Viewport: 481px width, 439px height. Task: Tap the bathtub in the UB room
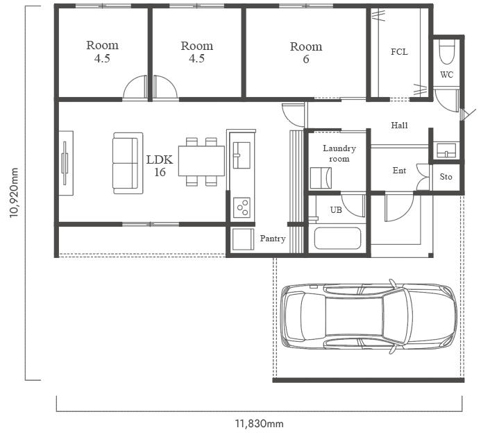point(337,238)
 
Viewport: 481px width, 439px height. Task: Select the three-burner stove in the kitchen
point(242,207)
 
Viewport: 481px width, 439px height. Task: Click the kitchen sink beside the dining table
point(242,155)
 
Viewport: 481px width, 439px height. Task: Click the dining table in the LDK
point(201,161)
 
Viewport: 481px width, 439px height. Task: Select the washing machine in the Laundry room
point(321,178)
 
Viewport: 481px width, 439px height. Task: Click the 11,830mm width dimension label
point(259,424)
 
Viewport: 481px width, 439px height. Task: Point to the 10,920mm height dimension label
point(14,193)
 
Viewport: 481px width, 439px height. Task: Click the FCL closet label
point(399,52)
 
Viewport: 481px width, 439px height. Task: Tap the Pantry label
point(273,239)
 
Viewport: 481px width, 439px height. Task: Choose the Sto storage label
point(446,177)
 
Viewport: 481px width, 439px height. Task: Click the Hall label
point(399,125)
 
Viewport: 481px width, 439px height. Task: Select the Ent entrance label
point(399,171)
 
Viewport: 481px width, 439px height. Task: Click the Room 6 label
point(306,53)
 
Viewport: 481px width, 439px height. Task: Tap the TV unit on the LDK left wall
point(66,163)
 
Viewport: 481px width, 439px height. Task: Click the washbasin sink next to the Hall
point(446,150)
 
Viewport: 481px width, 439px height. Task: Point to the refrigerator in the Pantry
point(243,239)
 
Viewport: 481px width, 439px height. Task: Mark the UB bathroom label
point(336,210)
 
